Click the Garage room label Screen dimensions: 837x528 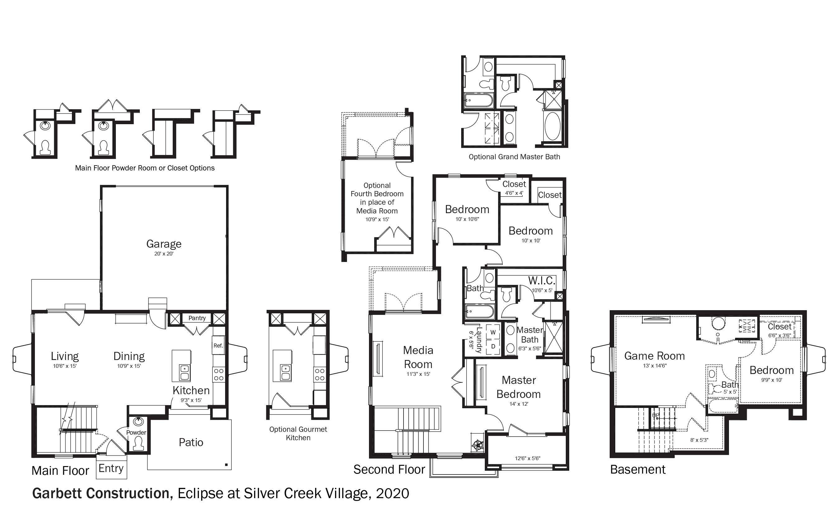[x=164, y=244]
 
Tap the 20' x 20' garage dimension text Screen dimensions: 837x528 [x=164, y=254]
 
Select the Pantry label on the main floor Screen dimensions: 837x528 [x=197, y=318]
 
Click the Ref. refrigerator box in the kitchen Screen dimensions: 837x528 [x=218, y=345]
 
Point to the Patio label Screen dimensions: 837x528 [x=191, y=442]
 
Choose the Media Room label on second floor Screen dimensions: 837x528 [x=418, y=357]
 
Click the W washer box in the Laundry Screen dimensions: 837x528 [x=493, y=332]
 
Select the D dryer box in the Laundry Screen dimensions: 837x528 [x=493, y=347]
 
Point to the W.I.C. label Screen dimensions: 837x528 [x=541, y=281]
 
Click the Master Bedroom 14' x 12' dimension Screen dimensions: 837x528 [x=518, y=404]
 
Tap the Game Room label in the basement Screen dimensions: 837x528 [x=655, y=356]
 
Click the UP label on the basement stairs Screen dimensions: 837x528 [x=655, y=415]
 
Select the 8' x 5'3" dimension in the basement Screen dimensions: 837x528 [x=699, y=440]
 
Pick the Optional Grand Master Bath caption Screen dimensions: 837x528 [x=514, y=157]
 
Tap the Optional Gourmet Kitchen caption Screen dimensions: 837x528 [x=298, y=433]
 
